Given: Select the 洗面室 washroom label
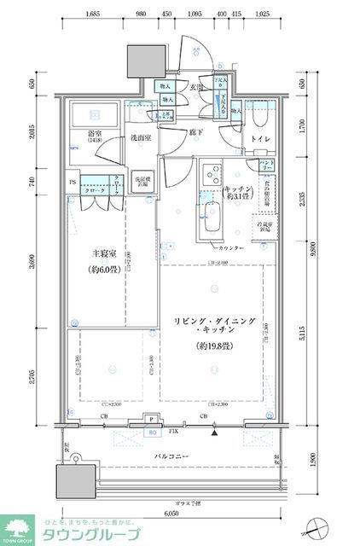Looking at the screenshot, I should click(140, 137).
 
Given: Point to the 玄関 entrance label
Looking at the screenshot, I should click(196, 87).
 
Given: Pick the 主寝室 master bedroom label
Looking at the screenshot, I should click(108, 253).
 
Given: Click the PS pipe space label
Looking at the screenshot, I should click(73, 181).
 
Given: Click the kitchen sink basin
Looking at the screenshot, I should click(209, 224).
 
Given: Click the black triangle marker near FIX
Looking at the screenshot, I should click(215, 433).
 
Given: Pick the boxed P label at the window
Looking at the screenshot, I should click(150, 419).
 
